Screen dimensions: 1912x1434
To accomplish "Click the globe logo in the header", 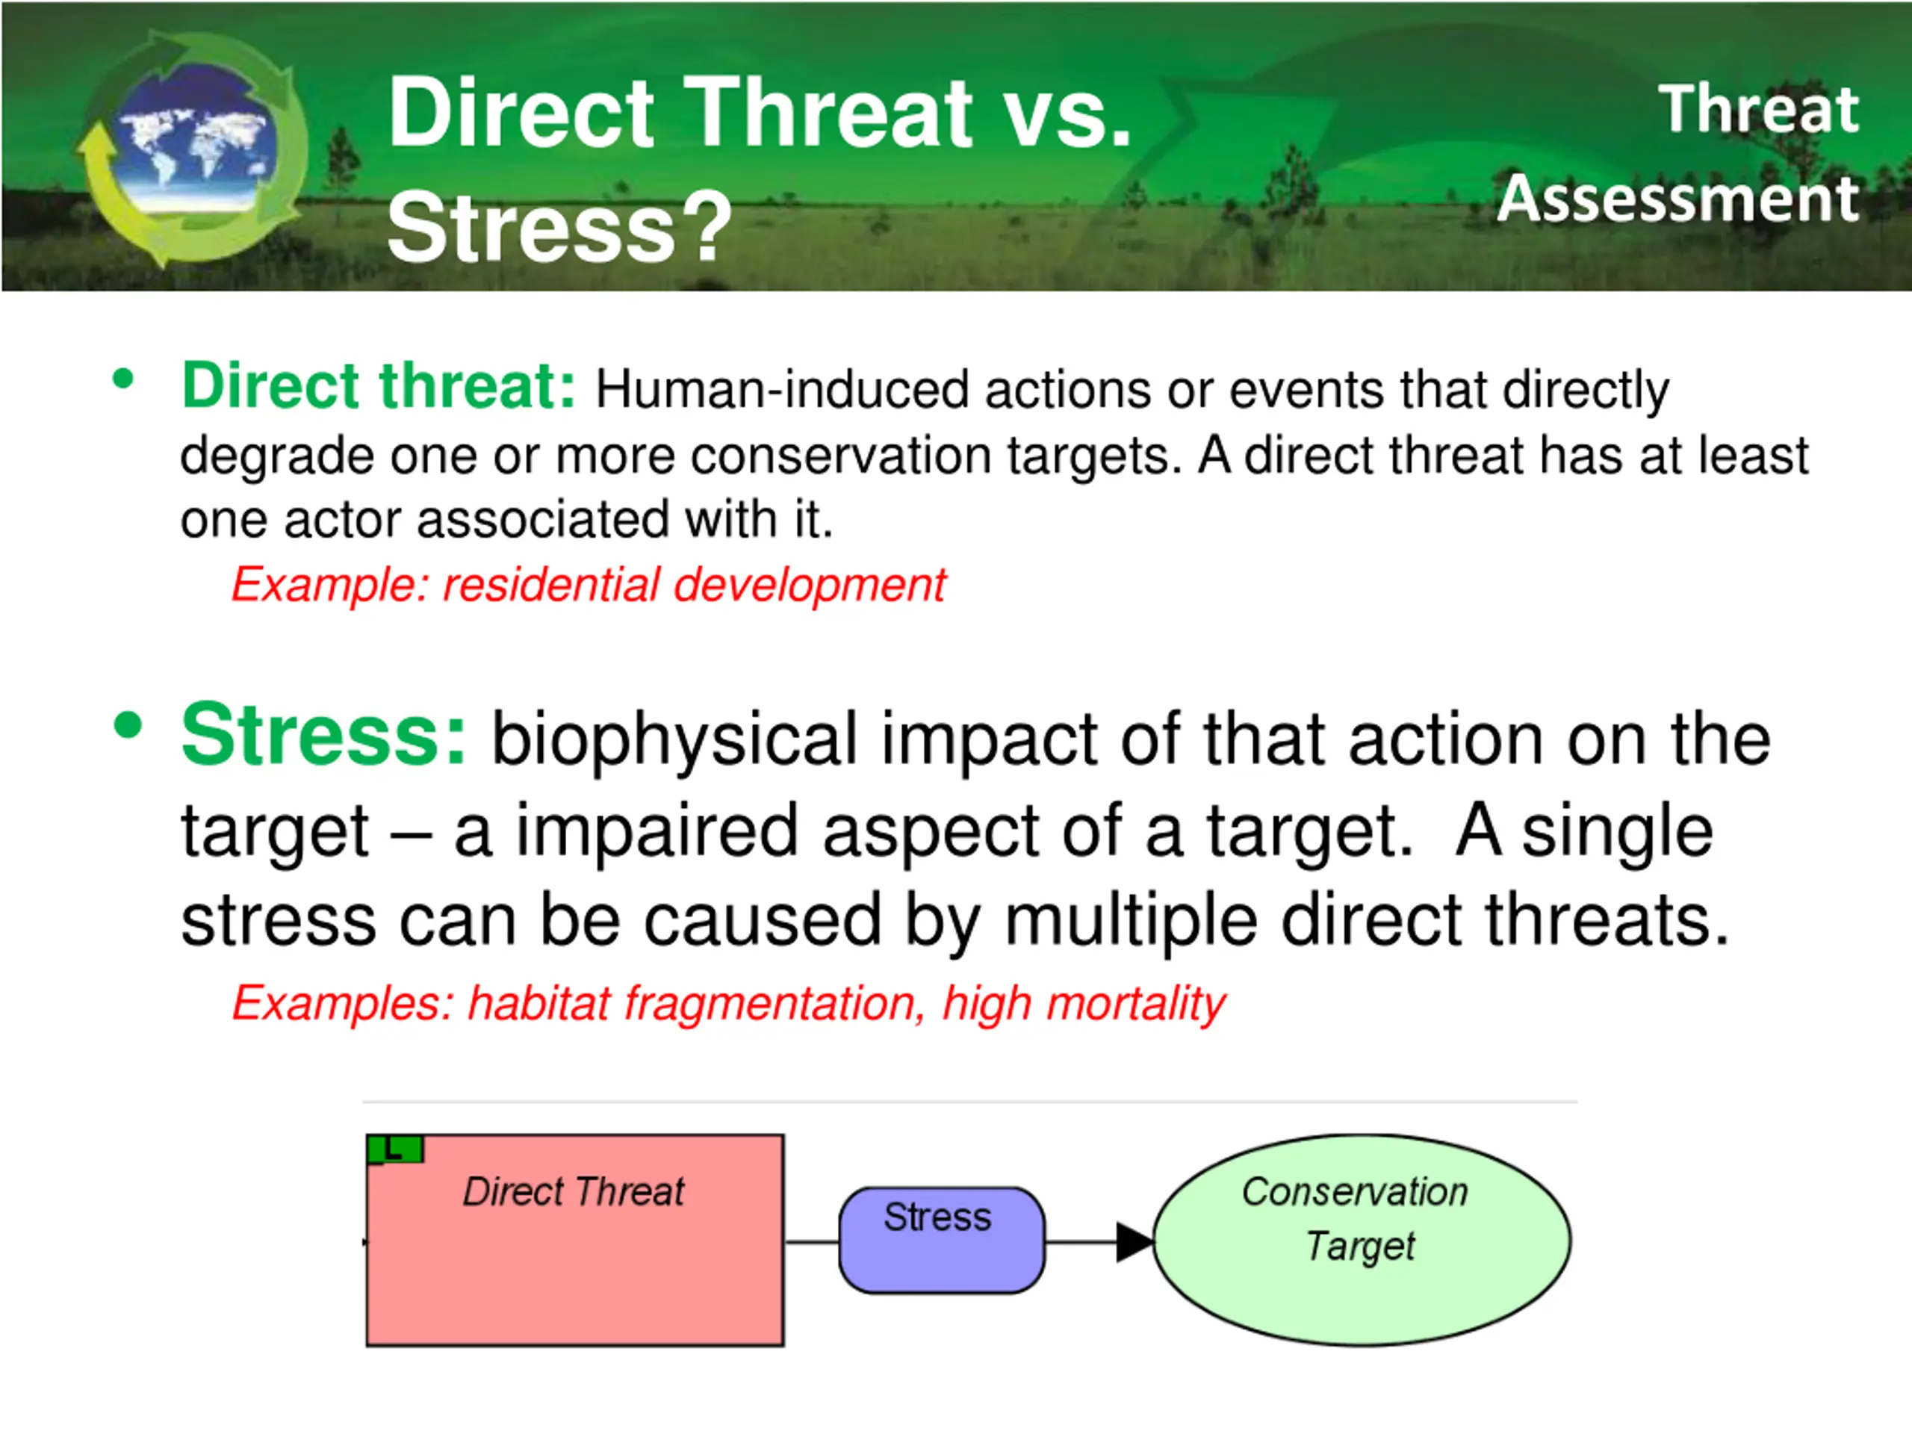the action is [192, 148].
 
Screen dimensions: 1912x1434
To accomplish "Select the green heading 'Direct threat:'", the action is [378, 385].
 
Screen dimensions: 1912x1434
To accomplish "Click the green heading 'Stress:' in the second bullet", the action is [323, 735].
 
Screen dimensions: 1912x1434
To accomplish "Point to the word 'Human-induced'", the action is [781, 390].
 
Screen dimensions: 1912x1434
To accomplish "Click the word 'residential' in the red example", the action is [550, 586].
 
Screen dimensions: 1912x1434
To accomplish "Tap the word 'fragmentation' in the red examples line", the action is [775, 1004].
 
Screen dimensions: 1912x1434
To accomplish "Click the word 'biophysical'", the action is [674, 740].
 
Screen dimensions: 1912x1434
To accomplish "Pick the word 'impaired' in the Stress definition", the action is [656, 831].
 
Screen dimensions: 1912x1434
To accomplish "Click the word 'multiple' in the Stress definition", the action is [1131, 922].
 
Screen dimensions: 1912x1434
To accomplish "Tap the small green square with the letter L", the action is [395, 1149].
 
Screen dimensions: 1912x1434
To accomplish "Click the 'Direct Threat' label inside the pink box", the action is [573, 1191].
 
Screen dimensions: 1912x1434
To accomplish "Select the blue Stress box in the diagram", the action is [941, 1241].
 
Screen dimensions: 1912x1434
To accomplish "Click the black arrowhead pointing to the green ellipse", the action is [1134, 1242].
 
